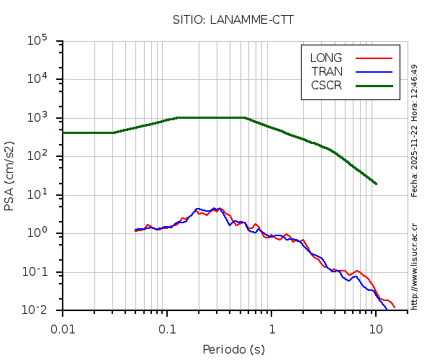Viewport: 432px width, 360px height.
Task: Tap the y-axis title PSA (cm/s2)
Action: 9,175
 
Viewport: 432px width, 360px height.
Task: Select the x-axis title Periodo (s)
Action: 233,350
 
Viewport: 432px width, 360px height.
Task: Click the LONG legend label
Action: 326,58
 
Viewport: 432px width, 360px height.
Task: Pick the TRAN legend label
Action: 327,71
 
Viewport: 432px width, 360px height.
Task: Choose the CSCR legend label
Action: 326,85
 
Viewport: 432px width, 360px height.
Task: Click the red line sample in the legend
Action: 374,58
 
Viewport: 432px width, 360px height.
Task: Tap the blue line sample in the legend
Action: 374,71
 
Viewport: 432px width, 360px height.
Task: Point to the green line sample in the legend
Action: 374,85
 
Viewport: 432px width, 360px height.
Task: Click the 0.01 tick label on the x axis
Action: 63,329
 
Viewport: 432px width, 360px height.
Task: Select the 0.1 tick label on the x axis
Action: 167,329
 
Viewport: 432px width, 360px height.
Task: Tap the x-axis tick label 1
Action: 271,329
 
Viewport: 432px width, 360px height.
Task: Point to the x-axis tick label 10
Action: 376,329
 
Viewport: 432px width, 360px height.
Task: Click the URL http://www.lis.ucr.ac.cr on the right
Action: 415,266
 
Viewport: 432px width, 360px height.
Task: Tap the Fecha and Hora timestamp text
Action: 415,130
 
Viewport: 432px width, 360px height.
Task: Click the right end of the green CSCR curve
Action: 376,184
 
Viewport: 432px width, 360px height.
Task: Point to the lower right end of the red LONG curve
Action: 394,307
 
